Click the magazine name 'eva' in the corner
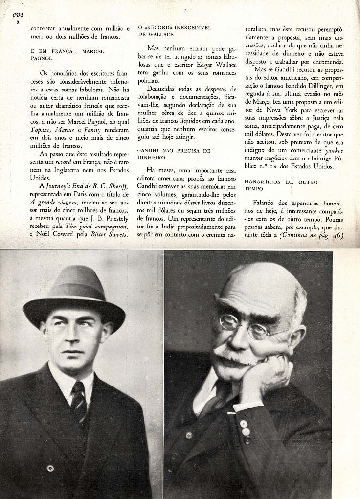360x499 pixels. (x=18, y=15)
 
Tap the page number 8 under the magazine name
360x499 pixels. (x=18, y=23)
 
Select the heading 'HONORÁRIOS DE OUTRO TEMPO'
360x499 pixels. (x=281, y=185)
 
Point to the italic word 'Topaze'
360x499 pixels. (x=41, y=130)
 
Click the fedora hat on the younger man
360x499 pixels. (x=74, y=294)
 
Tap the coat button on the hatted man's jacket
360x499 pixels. (x=50, y=468)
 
